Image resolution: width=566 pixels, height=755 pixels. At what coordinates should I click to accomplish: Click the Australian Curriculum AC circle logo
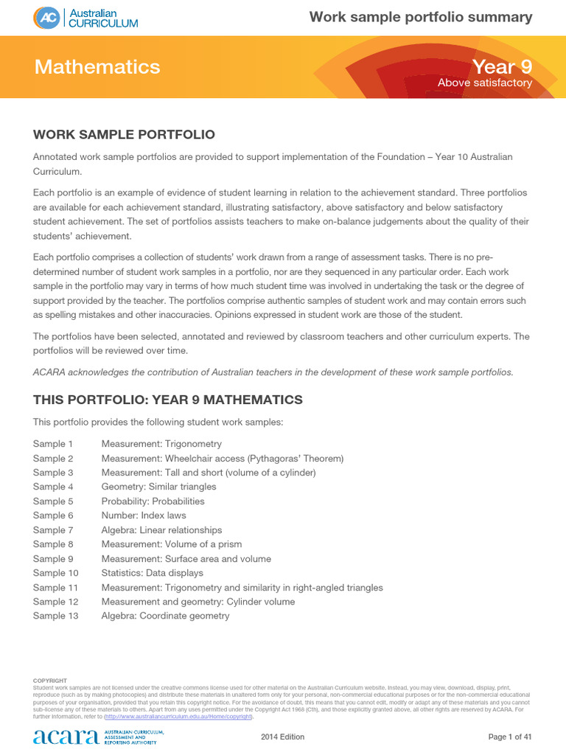[46, 18]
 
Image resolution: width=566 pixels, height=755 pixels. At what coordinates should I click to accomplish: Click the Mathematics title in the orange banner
[97, 67]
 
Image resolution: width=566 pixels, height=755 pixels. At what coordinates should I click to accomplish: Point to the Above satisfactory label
[484, 83]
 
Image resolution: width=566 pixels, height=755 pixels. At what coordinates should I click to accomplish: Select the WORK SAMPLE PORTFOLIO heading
[124, 134]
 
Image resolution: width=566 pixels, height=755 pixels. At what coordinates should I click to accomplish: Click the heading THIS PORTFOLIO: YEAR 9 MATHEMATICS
[167, 400]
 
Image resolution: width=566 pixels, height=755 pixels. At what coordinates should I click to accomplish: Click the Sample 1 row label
[53, 444]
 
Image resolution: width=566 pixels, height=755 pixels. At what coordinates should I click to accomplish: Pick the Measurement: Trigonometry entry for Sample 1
[161, 444]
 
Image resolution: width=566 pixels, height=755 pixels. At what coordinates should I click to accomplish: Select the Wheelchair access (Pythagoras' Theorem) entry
[223, 459]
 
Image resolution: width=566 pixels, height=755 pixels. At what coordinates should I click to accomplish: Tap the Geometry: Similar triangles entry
[158, 487]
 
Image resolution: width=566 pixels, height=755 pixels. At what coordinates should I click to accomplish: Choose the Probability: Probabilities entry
[153, 501]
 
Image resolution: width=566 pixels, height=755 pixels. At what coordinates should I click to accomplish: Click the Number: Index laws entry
[144, 515]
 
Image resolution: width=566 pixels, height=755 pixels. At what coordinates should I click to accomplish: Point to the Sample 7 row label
[53, 530]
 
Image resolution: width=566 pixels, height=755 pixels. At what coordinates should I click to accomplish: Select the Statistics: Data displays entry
[152, 573]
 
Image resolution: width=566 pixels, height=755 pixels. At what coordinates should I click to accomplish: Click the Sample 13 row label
[55, 616]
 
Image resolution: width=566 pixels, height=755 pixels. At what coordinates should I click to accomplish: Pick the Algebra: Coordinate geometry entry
[165, 616]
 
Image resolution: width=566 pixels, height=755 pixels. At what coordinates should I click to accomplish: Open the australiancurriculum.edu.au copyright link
[179, 717]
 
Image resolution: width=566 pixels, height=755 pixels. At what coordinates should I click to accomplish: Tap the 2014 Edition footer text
[283, 737]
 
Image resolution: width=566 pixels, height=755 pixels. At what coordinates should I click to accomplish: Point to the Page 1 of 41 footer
[510, 737]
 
